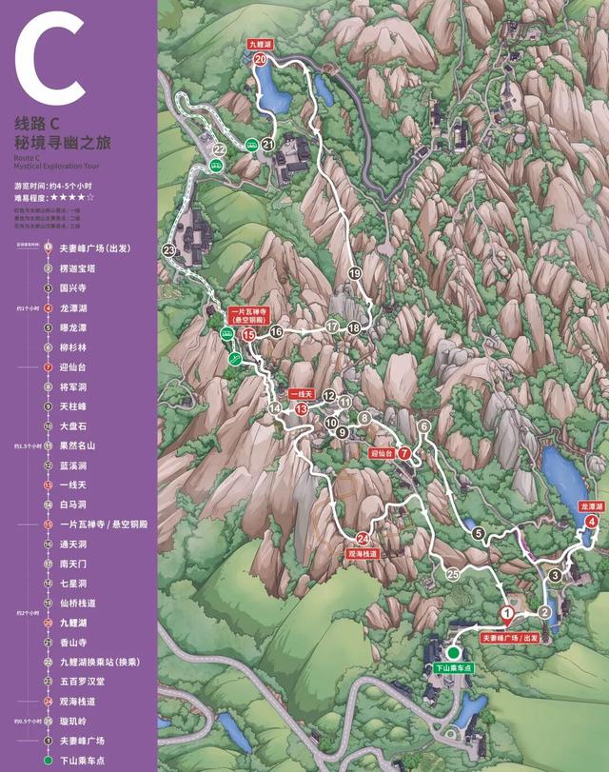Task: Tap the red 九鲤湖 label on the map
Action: pos(260,44)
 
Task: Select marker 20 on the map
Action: pos(260,59)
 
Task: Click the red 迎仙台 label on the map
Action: pos(383,454)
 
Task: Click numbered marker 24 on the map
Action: pos(363,539)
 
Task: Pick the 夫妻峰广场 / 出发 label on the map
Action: pos(509,637)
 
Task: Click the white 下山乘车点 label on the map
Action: pos(454,669)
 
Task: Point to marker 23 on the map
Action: pos(169,250)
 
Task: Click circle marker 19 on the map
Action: pos(355,273)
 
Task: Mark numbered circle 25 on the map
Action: pos(453,574)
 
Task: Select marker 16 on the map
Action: pos(276,332)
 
